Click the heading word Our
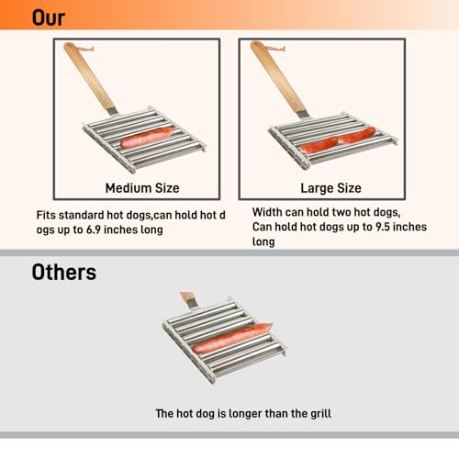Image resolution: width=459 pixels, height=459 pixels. tap(49, 17)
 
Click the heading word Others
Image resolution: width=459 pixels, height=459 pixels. tap(64, 272)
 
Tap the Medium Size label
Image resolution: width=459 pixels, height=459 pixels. tap(142, 188)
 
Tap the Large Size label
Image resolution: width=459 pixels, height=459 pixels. tap(330, 188)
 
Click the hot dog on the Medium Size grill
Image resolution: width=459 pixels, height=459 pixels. tap(147, 138)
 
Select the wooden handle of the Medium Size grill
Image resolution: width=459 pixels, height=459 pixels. tap(89, 78)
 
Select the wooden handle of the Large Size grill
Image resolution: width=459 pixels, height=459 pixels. tap(278, 78)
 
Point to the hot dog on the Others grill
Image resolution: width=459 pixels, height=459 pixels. tap(232, 338)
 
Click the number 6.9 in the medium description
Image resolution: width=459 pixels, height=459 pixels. tap(94, 229)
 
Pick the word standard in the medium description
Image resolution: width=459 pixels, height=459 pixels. tap(81, 215)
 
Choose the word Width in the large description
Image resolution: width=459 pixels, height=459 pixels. tap(264, 212)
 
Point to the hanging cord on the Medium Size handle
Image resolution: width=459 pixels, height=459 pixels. tap(84, 48)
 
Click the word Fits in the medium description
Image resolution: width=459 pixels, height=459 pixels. tap(46, 215)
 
